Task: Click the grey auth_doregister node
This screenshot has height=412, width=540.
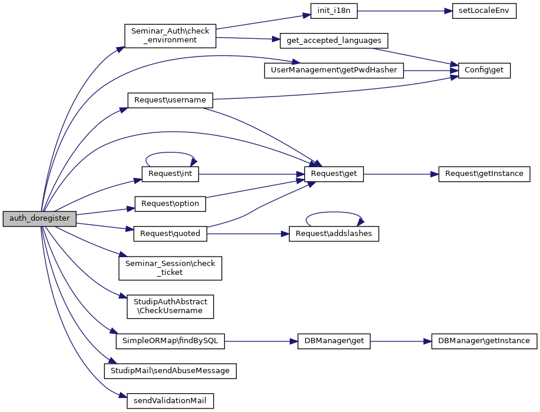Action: tap(39, 218)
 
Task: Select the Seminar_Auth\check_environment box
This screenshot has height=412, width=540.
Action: tap(170, 36)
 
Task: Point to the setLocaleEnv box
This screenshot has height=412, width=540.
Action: tap(484, 12)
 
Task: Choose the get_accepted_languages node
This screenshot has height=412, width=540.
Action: tap(334, 41)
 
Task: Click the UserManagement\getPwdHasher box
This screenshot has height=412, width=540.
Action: tap(334, 69)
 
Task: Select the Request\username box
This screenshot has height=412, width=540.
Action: tap(170, 100)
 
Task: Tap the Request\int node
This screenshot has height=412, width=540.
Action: tap(171, 174)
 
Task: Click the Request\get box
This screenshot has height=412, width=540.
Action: tap(334, 174)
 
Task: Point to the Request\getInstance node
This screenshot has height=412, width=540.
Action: tap(484, 174)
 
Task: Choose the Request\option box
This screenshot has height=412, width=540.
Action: tap(170, 204)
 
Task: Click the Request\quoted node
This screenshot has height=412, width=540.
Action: tap(170, 233)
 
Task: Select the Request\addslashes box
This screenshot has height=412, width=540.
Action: tap(334, 233)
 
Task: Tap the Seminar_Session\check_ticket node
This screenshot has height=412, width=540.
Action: tap(170, 268)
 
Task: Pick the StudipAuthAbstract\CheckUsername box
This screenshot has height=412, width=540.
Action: tap(170, 306)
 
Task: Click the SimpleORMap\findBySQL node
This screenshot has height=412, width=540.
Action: tap(170, 341)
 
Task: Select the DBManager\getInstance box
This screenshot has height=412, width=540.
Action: tap(484, 341)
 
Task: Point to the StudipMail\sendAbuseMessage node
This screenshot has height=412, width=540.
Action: tap(170, 371)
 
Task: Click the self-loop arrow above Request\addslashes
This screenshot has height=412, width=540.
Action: tap(334, 214)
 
